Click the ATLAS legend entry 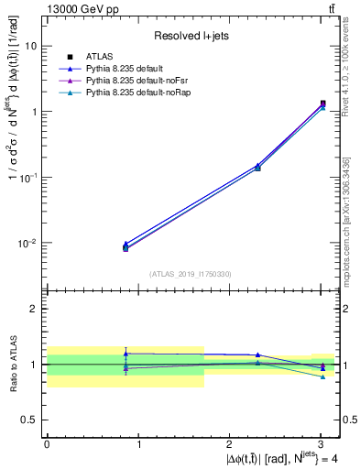97,58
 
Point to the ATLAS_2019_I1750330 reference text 191,274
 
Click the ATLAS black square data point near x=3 322,104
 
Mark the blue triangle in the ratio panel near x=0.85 125,353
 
